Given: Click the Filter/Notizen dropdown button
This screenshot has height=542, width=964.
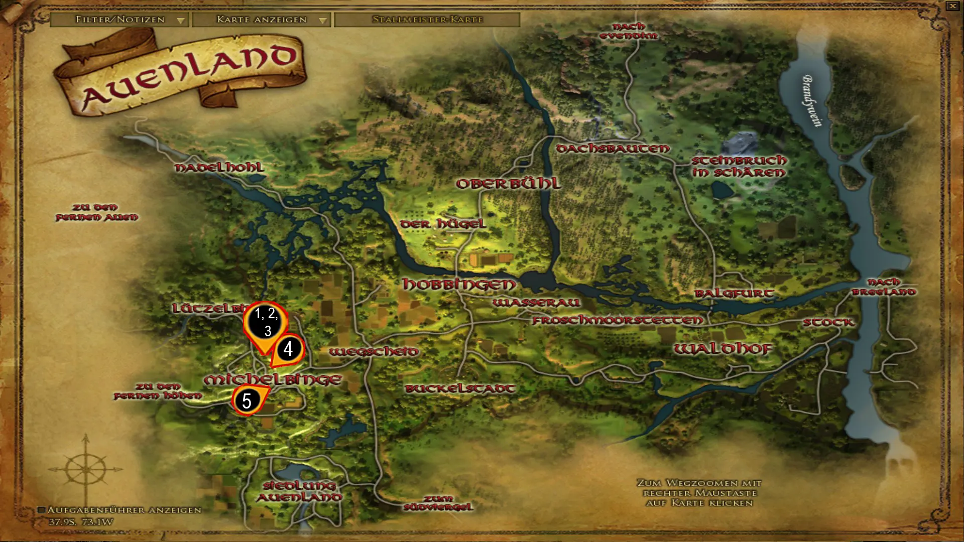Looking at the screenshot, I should coord(119,20).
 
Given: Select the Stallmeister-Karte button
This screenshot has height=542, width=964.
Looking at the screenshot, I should coord(427,20).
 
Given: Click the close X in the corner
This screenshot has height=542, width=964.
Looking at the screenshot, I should coord(952,6).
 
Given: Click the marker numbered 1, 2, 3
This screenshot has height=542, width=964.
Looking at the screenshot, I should coord(266,322).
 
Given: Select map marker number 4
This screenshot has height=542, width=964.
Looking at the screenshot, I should coord(288,348).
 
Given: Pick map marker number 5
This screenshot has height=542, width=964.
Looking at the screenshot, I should coord(247,400).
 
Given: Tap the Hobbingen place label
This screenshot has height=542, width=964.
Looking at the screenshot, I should coord(459,284).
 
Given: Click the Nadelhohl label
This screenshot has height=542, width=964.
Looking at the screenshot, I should coord(219,168).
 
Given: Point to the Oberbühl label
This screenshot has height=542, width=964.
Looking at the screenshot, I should coord(508,184).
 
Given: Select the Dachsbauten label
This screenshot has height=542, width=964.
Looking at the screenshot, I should coord(613,149).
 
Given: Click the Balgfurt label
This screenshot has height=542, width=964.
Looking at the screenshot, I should coord(734,293).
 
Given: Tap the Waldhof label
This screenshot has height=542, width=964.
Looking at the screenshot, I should coord(722,349).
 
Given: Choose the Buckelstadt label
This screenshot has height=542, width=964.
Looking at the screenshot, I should coord(460,388).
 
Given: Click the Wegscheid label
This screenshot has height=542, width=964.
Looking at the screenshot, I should coord(374,352).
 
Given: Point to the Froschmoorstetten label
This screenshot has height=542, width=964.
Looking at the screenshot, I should coord(618,320).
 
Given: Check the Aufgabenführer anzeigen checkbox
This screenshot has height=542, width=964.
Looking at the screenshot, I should coord(42,510).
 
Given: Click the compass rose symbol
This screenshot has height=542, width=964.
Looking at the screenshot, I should coord(86,469).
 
